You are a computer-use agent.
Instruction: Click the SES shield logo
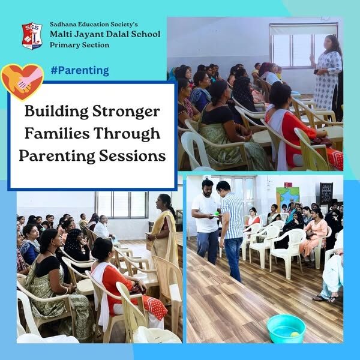point(32,36)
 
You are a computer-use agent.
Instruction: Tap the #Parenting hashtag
point(80,70)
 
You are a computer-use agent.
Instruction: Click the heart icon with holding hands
point(22,82)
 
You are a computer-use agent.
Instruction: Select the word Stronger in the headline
point(126,112)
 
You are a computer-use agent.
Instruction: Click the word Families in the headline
point(57,133)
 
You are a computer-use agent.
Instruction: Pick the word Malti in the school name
point(60,34)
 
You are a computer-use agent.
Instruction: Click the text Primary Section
point(79,45)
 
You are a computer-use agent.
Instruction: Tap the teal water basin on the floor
point(286,329)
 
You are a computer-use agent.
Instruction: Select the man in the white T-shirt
point(206,221)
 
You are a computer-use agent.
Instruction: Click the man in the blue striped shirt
point(231,230)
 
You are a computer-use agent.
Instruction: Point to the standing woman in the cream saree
point(163,241)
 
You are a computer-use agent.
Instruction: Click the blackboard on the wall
point(326,193)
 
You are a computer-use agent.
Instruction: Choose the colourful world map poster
point(287,197)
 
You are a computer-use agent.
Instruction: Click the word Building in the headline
point(56,111)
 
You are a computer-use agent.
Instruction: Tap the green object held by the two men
point(216,214)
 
